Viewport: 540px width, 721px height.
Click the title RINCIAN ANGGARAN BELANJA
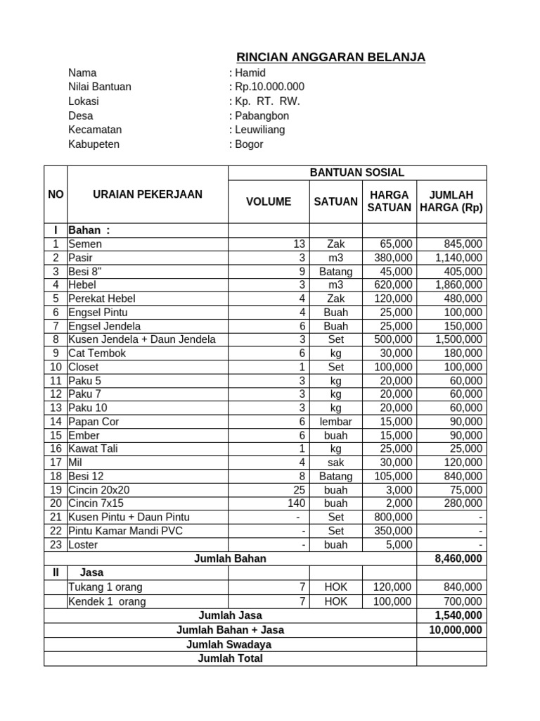click(330, 57)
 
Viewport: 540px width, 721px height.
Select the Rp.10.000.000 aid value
click(269, 87)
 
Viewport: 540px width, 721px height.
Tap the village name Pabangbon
click(262, 115)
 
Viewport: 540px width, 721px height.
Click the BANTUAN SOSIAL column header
click(357, 173)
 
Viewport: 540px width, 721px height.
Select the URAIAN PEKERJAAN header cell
click(148, 194)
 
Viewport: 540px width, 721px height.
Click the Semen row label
click(85, 244)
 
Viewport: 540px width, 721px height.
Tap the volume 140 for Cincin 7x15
click(296, 503)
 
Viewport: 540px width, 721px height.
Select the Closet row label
click(84, 367)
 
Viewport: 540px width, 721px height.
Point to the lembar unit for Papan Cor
click(335, 421)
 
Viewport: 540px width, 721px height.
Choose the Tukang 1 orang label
click(105, 587)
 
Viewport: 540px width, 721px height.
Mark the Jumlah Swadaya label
click(229, 644)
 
